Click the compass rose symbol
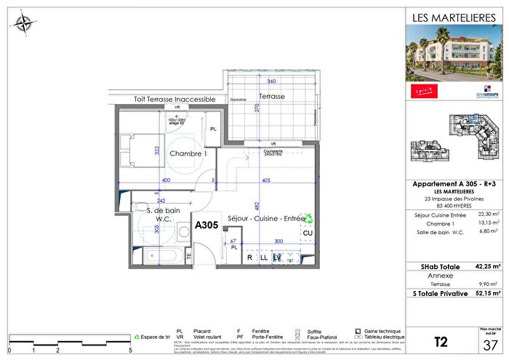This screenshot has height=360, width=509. click(23, 23)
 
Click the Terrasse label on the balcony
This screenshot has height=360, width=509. click(270, 96)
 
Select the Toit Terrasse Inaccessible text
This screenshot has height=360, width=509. click(175, 99)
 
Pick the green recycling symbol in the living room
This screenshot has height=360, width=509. click(308, 217)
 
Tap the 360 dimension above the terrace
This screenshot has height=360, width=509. click(271, 81)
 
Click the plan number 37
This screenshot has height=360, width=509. click(491, 345)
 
